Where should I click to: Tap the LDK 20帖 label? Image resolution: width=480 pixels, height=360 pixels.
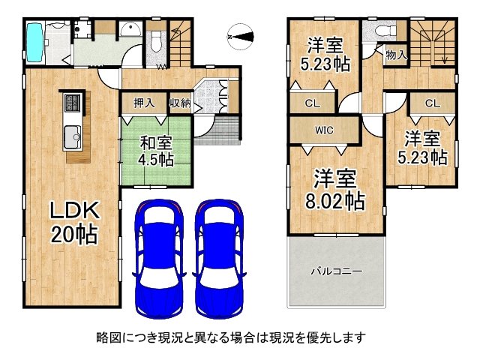click(73, 223)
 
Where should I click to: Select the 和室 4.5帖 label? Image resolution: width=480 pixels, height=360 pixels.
click(154, 148)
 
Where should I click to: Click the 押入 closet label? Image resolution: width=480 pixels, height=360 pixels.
click(144, 103)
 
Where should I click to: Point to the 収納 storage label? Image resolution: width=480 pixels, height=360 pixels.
click(179, 103)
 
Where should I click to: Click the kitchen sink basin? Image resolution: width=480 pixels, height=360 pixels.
click(73, 137)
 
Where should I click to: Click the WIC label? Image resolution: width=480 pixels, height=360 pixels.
click(324, 130)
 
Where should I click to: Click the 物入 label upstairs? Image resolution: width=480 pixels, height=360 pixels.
click(396, 55)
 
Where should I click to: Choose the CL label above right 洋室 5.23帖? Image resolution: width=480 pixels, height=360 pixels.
click(432, 103)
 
